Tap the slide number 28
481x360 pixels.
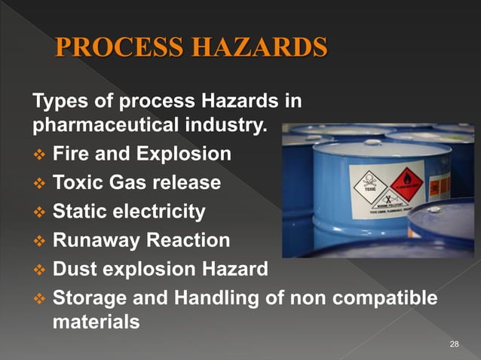(454, 344)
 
